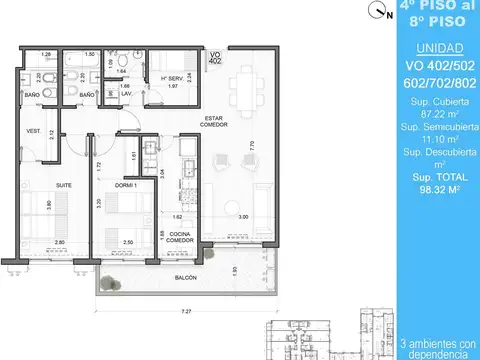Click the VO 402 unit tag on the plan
[216, 57]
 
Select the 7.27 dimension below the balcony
[186, 310]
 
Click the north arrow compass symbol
[376, 13]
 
